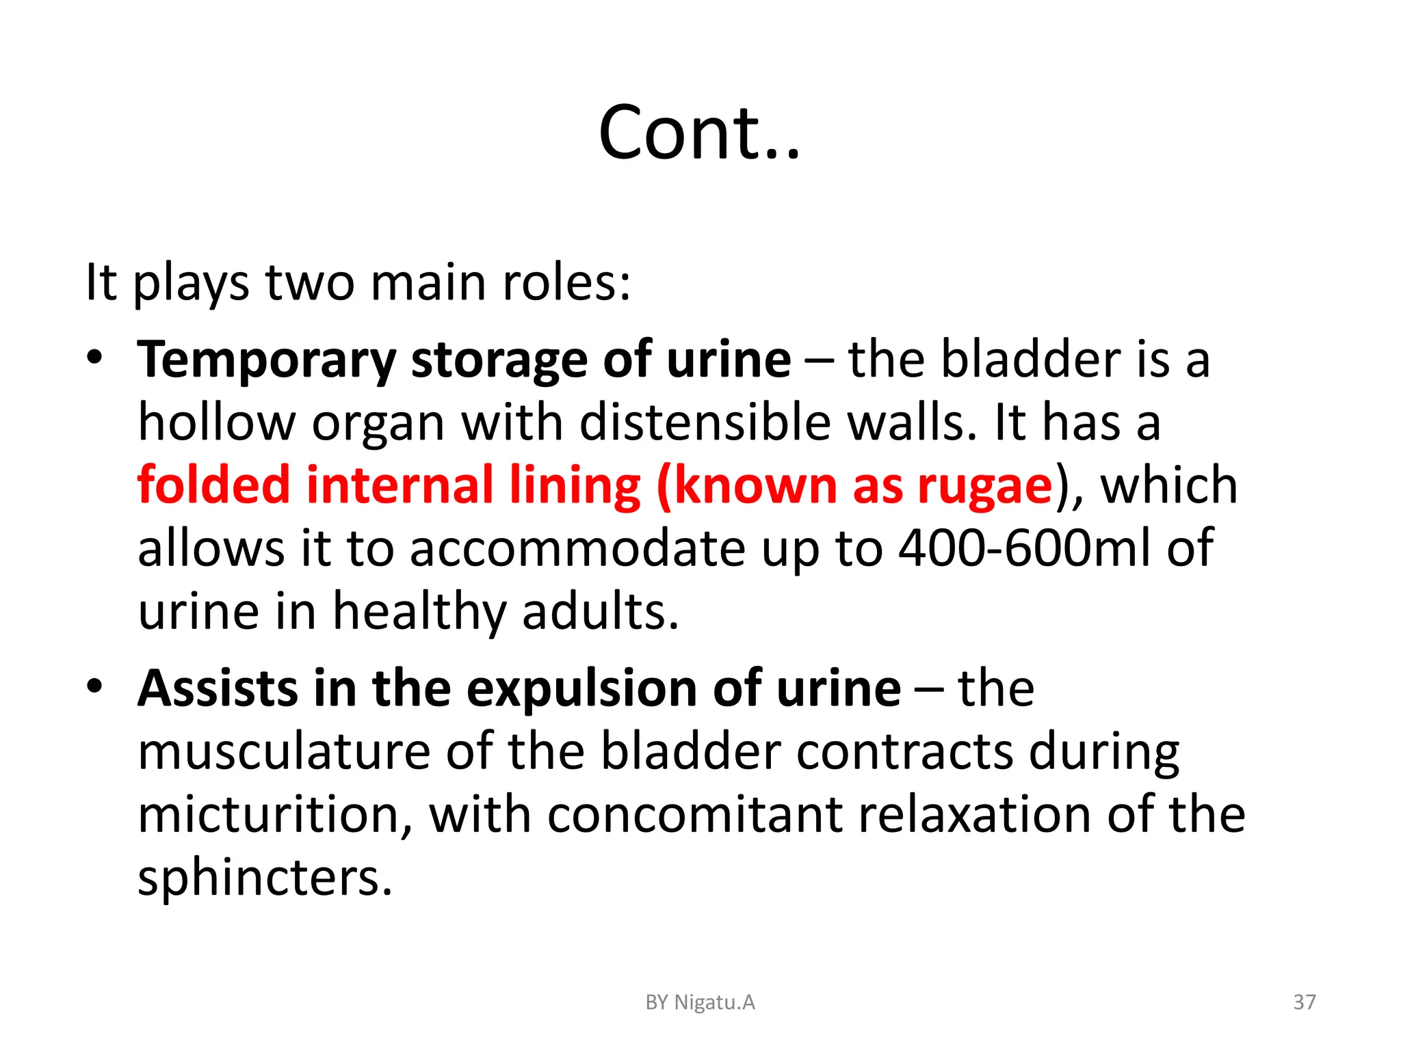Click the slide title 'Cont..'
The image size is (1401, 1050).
(699, 133)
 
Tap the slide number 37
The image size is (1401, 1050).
(1304, 1002)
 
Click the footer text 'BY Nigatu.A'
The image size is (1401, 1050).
(700, 1002)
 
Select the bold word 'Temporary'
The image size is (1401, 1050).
(266, 360)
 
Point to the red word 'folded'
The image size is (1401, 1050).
(213, 485)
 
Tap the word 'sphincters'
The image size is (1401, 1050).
(265, 878)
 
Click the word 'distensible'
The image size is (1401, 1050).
(705, 422)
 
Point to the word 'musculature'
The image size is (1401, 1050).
(284, 752)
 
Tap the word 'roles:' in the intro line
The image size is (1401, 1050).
(566, 282)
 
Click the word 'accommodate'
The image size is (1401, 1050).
(577, 548)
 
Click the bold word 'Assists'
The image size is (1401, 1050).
(218, 688)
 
